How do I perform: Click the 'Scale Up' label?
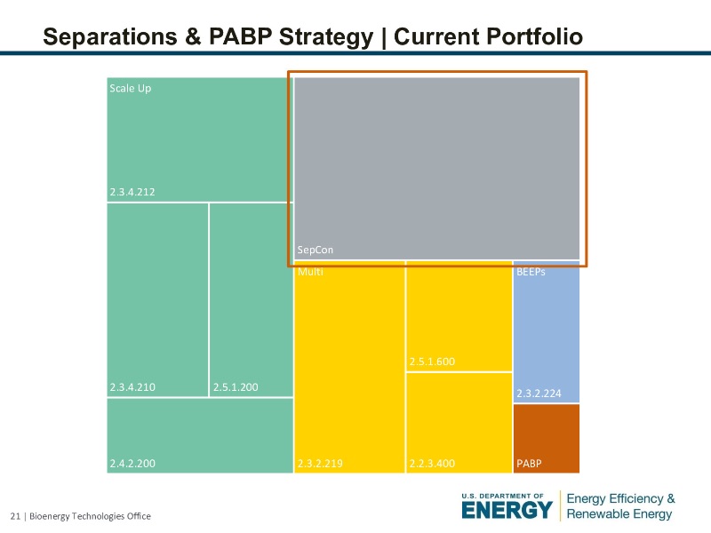point(130,88)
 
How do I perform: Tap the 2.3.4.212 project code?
point(132,192)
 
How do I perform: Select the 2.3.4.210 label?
point(132,387)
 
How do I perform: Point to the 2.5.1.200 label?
point(236,387)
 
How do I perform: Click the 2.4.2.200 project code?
point(132,463)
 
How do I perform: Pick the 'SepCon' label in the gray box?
point(316,251)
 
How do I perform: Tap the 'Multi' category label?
point(310,272)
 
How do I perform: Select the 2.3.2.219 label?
point(320,463)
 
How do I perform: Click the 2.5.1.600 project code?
point(432,362)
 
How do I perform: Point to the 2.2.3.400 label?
point(432,463)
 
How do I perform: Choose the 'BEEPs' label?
point(531,272)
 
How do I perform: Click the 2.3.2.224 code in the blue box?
point(539,393)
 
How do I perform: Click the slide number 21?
point(14,516)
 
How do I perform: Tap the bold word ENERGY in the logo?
point(507,510)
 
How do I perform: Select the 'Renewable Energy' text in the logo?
point(620,514)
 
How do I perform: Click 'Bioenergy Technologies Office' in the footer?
point(90,516)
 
